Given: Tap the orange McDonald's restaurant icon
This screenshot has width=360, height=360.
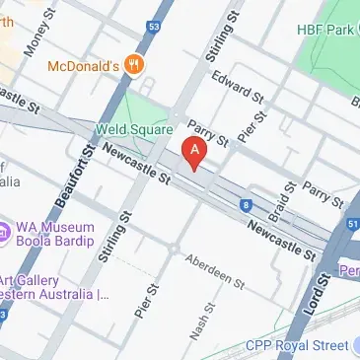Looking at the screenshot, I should pyautogui.click(x=135, y=66).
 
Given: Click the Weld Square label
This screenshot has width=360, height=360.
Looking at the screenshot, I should pyautogui.click(x=134, y=128).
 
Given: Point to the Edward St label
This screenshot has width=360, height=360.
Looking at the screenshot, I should pyautogui.click(x=238, y=91).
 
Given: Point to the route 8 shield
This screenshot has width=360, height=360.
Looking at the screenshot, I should pyautogui.click(x=246, y=205).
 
